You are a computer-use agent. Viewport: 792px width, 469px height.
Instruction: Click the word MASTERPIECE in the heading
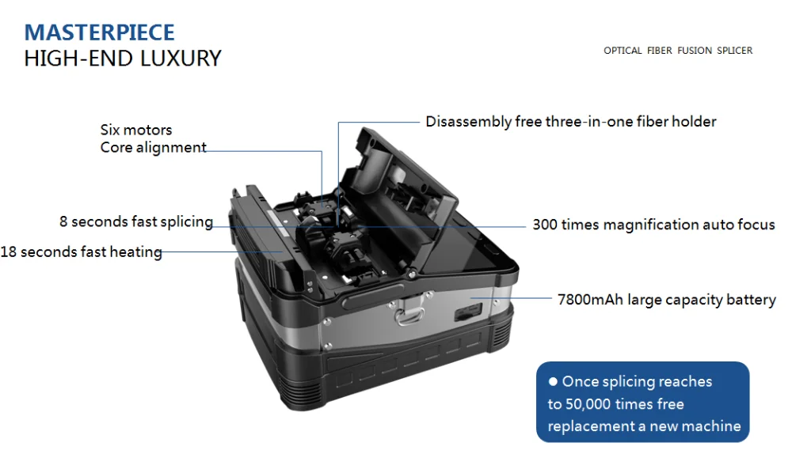coord(100,32)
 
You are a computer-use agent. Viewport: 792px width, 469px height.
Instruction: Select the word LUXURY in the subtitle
coord(181,59)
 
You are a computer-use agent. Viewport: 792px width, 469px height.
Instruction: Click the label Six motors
coord(136,130)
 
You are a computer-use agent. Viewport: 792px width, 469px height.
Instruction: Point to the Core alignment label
coord(153,147)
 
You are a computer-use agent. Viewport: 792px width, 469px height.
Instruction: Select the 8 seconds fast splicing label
coord(136,221)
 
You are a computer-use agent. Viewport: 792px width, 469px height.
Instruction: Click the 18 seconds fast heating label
coord(81,252)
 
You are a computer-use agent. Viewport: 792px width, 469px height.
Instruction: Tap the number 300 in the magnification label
coord(545,225)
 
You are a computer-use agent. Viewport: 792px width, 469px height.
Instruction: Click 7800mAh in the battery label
coord(590,300)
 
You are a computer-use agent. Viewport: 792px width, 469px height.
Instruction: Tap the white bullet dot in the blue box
coord(553,382)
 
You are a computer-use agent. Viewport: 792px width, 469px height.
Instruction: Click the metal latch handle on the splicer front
coord(409,311)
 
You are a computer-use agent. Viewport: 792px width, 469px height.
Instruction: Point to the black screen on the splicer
coord(465,247)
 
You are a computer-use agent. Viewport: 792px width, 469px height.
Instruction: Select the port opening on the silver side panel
coord(468,313)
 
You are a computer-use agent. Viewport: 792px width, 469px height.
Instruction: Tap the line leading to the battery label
coord(511,298)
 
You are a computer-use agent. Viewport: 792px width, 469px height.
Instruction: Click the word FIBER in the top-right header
coord(659,51)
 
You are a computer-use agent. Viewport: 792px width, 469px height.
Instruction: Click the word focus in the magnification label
coord(756,225)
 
